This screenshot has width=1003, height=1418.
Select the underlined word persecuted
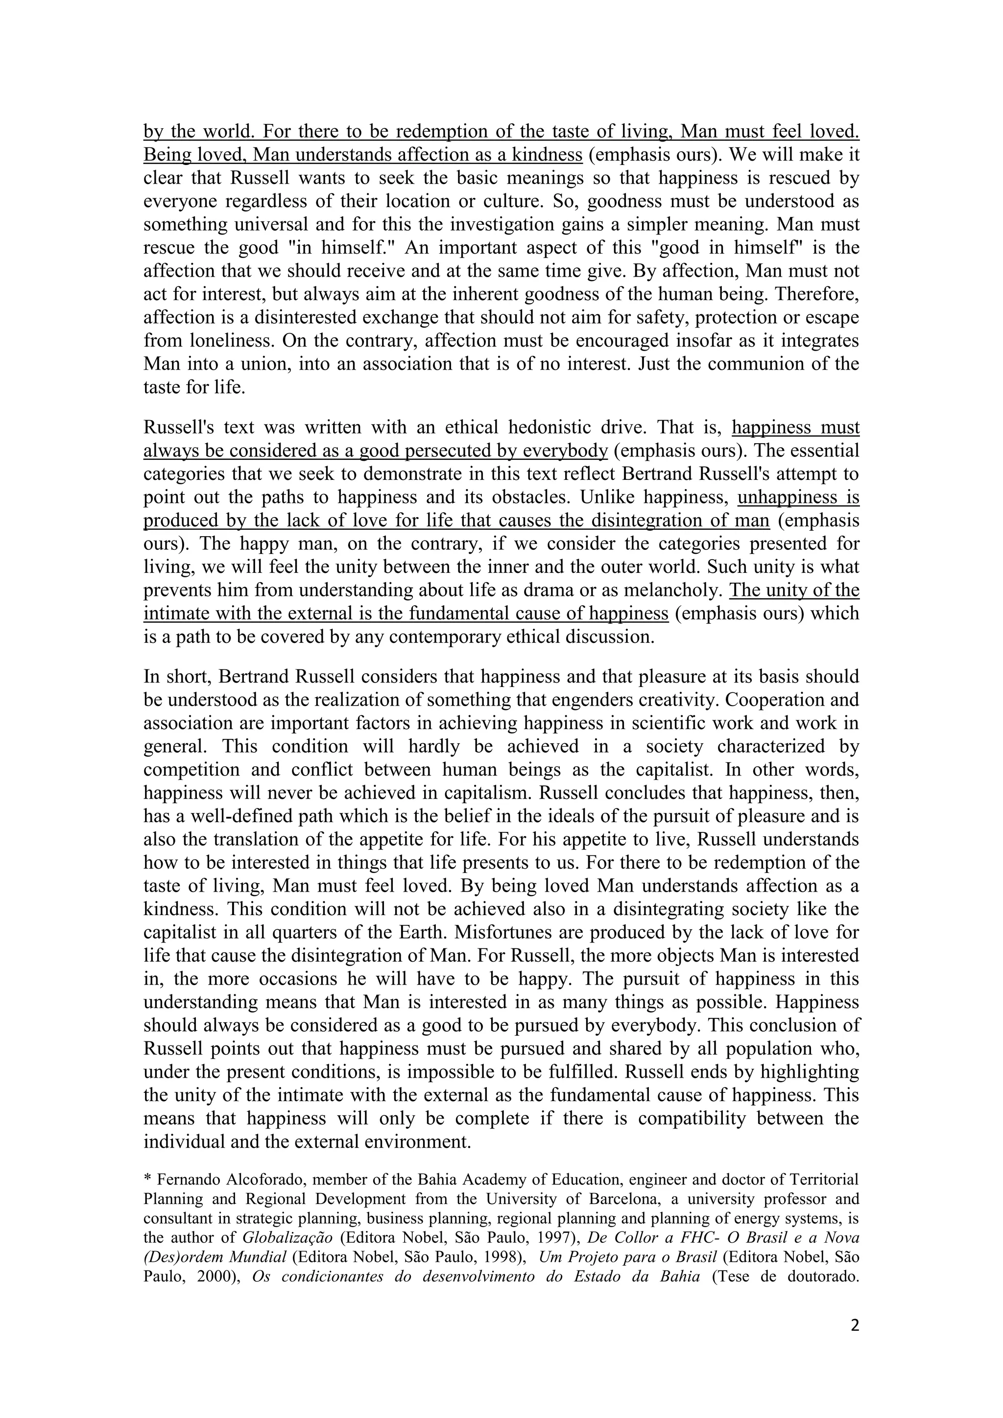click(447, 451)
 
